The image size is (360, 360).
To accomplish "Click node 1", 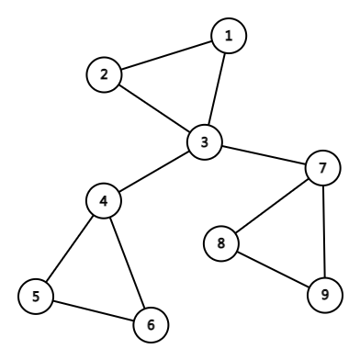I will pos(229,37).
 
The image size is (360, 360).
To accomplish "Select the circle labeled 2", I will pos(105,75).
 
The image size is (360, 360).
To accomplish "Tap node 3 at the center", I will pos(205,142).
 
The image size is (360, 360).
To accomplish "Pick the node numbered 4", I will pos(105,201).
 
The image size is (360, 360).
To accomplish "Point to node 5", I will pos(36,296).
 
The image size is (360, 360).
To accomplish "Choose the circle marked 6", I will pos(151,323).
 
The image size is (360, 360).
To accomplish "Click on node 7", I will pos(321,169).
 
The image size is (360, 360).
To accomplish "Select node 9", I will pos(325,295).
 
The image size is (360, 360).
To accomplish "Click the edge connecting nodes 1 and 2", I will pos(166,56).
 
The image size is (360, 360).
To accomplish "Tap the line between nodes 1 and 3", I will pos(217,90).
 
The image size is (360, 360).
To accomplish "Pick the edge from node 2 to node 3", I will pos(154,108).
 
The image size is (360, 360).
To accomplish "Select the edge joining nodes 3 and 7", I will pos(263,155).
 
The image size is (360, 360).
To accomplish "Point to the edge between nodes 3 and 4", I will pos(154,172).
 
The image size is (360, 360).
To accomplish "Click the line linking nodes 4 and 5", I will pos(70,249).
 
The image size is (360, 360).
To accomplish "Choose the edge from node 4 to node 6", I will pos(128,262).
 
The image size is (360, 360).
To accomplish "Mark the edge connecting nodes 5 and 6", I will pos(93,309).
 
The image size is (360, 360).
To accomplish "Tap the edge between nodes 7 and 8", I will pos(272,207).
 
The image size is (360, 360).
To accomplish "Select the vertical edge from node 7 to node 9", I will pos(323,231).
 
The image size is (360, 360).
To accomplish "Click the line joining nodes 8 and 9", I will pos(274,269).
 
